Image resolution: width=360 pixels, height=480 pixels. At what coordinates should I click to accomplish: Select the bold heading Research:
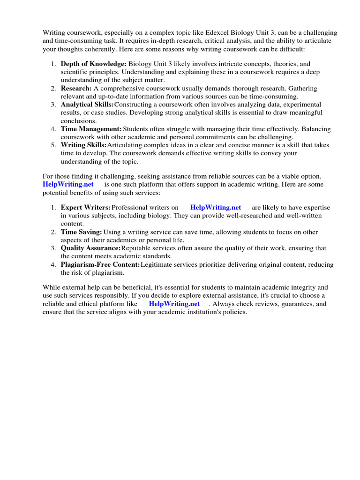pyautogui.click(x=76, y=88)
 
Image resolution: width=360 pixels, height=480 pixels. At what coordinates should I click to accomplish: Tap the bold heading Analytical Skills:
pyautogui.click(x=87, y=105)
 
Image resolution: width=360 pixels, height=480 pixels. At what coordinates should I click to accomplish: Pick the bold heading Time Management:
pyautogui.click(x=91, y=129)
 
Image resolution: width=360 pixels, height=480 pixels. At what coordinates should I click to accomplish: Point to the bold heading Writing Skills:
pyautogui.click(x=83, y=145)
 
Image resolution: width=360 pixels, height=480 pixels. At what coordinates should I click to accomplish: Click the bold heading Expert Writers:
pyautogui.click(x=86, y=207)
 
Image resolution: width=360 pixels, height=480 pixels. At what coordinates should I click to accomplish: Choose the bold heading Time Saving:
pyautogui.click(x=82, y=232)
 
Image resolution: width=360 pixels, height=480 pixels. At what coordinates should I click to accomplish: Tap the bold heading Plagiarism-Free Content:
pyautogui.click(x=100, y=265)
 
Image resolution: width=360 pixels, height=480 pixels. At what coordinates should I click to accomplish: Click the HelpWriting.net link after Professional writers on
pyautogui.click(x=216, y=207)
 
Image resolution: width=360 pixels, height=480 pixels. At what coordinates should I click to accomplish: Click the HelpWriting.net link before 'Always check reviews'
pyautogui.click(x=174, y=304)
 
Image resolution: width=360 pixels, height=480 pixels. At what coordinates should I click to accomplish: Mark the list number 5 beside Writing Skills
pyautogui.click(x=54, y=145)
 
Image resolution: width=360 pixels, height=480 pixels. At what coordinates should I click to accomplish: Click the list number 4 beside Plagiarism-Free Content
pyautogui.click(x=54, y=265)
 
